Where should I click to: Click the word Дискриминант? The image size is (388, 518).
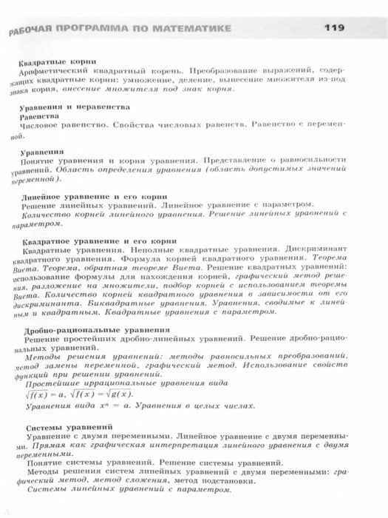pos(315,252)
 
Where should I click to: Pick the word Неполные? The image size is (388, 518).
pos(130,252)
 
